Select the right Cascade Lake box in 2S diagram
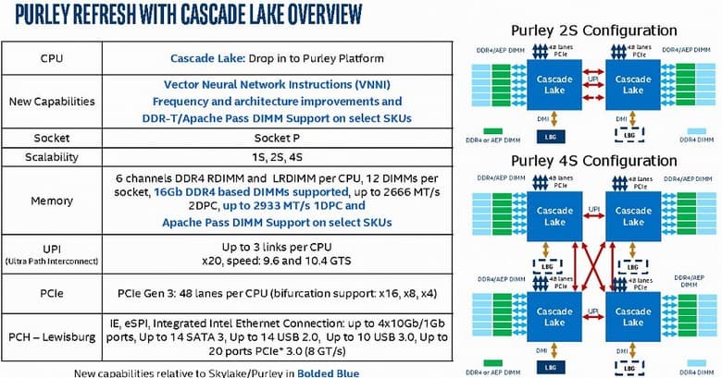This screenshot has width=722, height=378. tap(633, 84)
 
